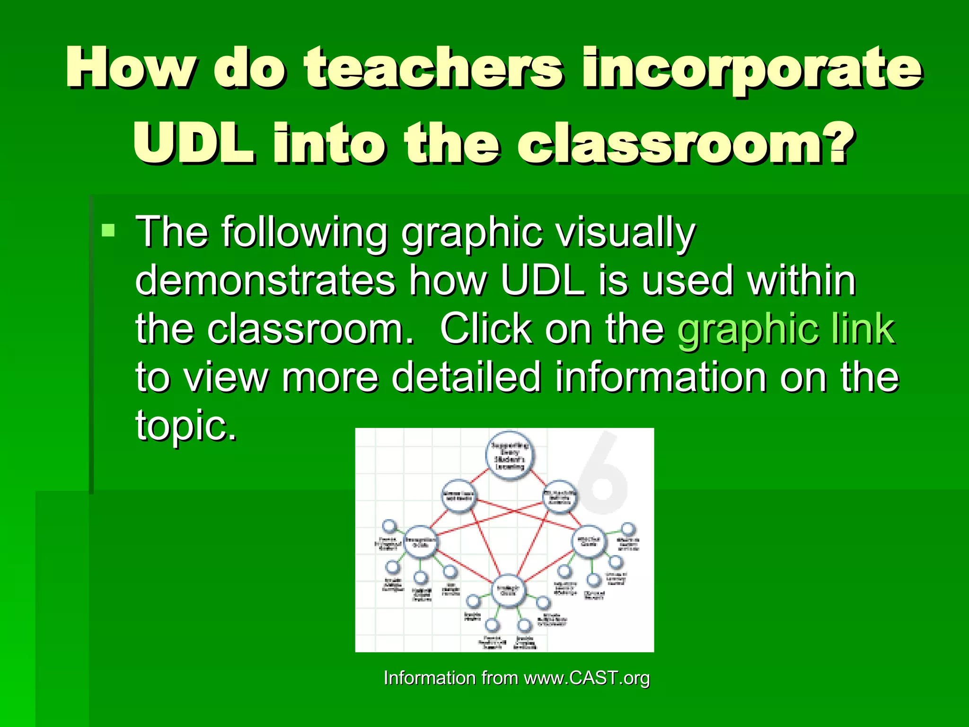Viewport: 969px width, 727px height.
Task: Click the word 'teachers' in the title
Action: pyautogui.click(x=433, y=69)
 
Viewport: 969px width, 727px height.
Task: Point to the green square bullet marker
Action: pyautogui.click(x=108, y=231)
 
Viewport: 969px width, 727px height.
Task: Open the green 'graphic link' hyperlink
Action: pyautogui.click(x=786, y=329)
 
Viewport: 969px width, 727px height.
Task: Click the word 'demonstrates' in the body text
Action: pyautogui.click(x=265, y=280)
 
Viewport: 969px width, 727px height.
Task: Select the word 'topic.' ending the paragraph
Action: pyautogui.click(x=186, y=425)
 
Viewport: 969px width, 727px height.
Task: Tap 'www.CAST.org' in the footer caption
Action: pyautogui.click(x=587, y=678)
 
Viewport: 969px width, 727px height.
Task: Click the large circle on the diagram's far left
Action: pyautogui.click(x=420, y=542)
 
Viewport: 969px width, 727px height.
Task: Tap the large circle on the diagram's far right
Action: pyautogui.click(x=589, y=542)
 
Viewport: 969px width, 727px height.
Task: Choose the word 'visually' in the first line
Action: pyautogui.click(x=625, y=232)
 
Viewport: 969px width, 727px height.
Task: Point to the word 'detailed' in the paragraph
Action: pyautogui.click(x=467, y=377)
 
